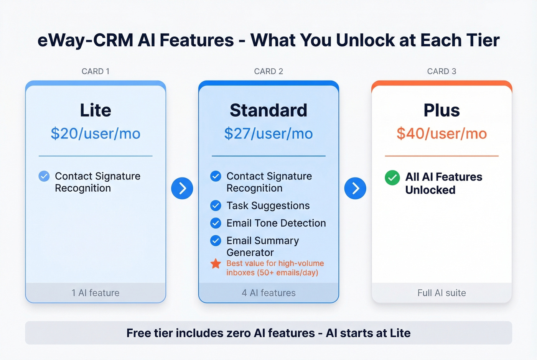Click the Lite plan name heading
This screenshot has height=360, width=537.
[x=96, y=110]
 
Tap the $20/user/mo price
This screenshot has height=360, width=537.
[x=96, y=133]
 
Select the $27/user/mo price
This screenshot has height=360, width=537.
[x=268, y=133]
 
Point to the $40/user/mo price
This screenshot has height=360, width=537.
[x=441, y=133]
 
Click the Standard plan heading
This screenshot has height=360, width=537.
[x=268, y=110]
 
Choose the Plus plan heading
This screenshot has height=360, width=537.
[x=441, y=110]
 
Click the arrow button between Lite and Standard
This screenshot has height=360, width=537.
[x=182, y=188]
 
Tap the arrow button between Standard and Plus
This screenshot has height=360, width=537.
[x=355, y=188]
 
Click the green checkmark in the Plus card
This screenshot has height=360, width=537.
[x=392, y=178]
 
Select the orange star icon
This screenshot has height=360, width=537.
[x=216, y=264]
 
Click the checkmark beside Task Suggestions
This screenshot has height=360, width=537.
[x=216, y=206]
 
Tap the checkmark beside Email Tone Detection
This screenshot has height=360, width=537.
[x=216, y=223]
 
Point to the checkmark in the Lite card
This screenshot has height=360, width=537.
[x=44, y=176]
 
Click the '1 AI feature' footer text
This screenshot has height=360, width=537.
[x=96, y=293]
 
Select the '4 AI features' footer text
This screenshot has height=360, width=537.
[x=268, y=293]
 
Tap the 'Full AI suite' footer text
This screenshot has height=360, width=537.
[x=441, y=293]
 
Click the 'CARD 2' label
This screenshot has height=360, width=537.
[x=268, y=71]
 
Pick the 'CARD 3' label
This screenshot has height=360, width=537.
[x=441, y=71]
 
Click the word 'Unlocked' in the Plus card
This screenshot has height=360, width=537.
[x=430, y=190]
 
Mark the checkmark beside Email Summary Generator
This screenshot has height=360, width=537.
[x=216, y=241]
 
